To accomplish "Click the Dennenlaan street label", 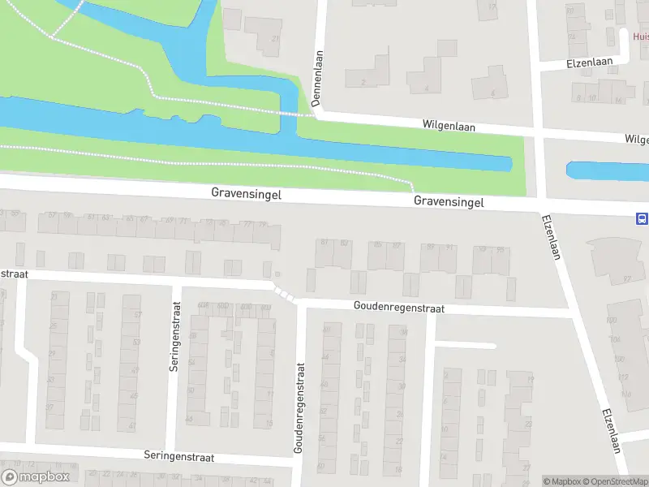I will [x=317, y=79].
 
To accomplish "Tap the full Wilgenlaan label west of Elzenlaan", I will [x=449, y=126].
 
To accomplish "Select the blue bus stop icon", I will [x=642, y=218].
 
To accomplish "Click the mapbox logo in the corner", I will [x=36, y=477].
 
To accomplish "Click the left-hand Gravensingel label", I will [x=247, y=193].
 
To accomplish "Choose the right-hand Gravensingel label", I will [x=448, y=201].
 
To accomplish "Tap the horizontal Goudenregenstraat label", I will [x=398, y=308].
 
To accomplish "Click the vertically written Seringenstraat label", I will [x=174, y=336].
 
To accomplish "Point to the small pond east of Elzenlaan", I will [x=604, y=171].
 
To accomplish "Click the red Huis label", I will [x=640, y=36].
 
